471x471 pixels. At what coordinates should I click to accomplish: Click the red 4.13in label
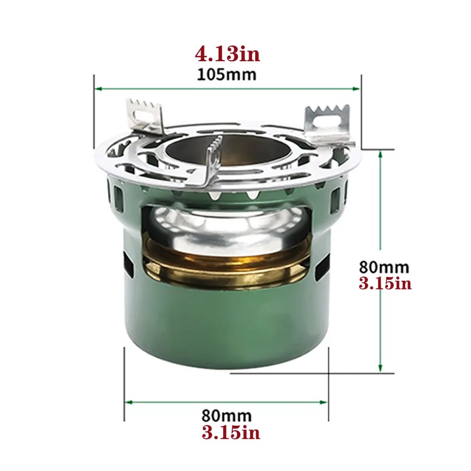click(x=227, y=54)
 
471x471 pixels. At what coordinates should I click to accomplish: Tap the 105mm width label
click(x=227, y=74)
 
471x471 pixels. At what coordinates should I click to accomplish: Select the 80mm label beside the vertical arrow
click(x=384, y=267)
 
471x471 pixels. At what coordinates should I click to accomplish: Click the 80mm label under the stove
click(x=227, y=416)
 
